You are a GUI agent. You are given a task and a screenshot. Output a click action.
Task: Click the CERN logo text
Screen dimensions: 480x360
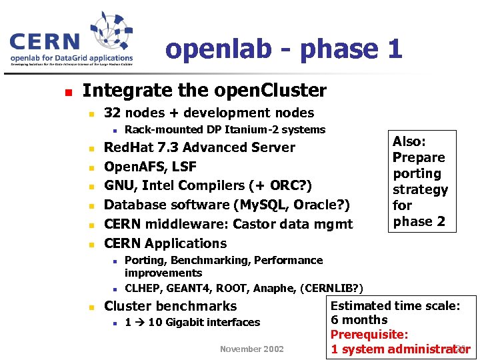click(x=44, y=42)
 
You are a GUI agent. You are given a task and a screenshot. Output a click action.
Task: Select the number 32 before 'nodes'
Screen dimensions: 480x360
click(x=112, y=113)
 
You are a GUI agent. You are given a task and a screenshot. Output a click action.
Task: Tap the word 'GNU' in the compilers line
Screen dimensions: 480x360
click(x=119, y=185)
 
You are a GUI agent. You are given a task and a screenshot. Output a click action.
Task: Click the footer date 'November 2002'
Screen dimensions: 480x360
click(x=252, y=349)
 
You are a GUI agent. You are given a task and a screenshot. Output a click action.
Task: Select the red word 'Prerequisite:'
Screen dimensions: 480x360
click(x=369, y=335)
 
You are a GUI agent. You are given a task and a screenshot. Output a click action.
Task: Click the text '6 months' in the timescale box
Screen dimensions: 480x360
click(x=359, y=320)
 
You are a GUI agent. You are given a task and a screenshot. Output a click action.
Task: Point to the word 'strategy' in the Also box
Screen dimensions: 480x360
click(x=420, y=189)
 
